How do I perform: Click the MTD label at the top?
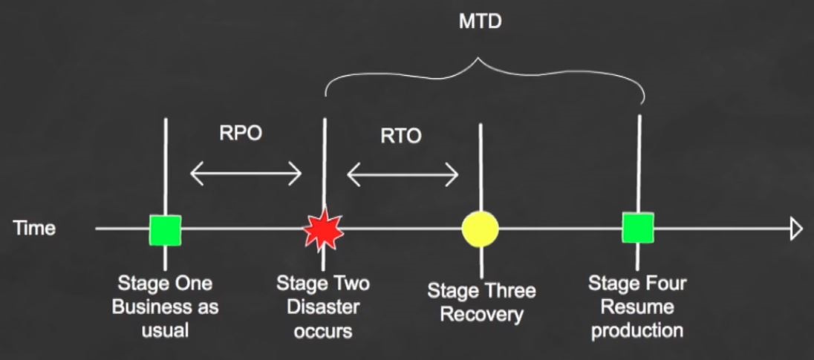481,22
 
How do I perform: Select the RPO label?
241,134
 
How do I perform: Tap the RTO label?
401,136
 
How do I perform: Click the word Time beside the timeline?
34,228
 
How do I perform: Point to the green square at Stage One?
165,230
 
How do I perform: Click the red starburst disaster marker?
323,230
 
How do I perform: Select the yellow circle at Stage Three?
481,229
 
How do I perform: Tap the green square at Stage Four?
638,228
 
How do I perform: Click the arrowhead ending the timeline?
796,229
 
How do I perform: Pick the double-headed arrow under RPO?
246,173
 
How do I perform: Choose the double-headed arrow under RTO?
403,175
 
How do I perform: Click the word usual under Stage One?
165,330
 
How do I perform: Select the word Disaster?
323,307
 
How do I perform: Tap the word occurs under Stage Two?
323,331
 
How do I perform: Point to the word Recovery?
482,315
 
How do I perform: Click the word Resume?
636,307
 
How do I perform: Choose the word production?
637,330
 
